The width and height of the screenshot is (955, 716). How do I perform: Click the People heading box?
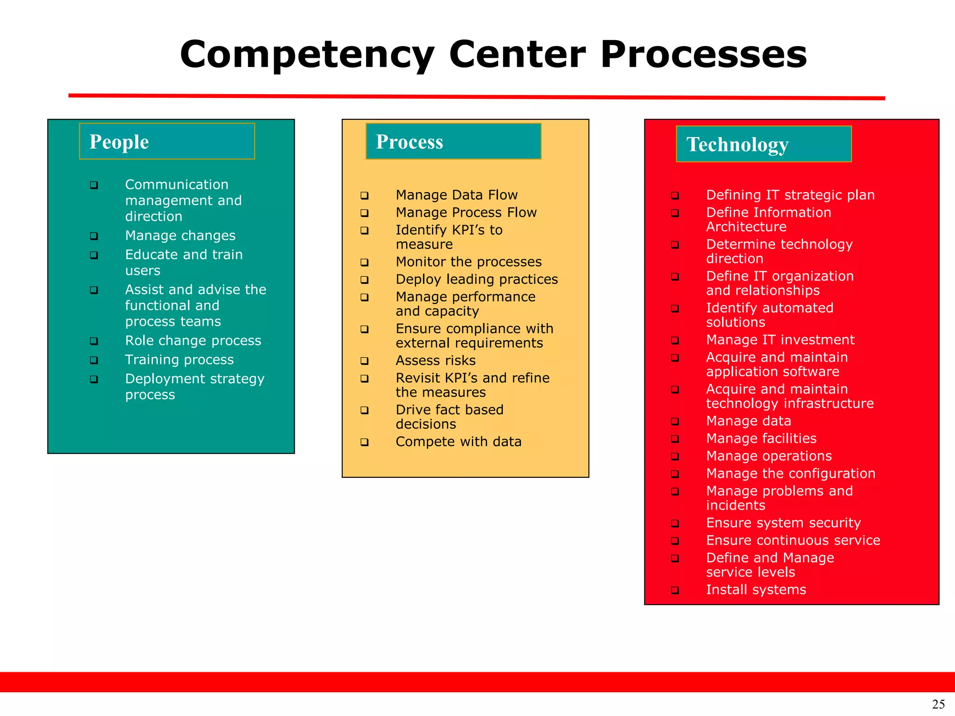pos(167,141)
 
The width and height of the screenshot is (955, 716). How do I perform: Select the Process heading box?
pos(453,141)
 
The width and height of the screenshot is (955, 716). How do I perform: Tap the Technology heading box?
pos(763,144)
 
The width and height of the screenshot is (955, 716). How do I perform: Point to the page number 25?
pos(938,704)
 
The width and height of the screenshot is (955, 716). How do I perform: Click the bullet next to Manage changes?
pos(94,236)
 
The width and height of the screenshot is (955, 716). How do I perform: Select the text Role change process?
pos(193,341)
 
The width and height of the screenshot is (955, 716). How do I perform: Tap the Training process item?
pos(180,360)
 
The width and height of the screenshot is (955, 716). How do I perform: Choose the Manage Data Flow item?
pos(457,195)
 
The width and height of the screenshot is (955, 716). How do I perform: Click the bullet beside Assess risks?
pos(365,361)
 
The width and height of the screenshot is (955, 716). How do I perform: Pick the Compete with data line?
pos(458,441)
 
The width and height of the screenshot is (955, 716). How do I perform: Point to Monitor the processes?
pos(469,262)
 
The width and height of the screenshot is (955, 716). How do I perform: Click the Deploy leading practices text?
pos(477,279)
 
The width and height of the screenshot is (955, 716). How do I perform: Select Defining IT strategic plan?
pos(790,195)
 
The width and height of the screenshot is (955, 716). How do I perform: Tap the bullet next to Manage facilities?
pos(675,439)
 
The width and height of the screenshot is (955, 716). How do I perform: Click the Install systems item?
pos(756,590)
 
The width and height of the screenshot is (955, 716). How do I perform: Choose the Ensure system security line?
pos(783,523)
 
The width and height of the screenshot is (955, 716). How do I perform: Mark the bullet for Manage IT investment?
pos(675,341)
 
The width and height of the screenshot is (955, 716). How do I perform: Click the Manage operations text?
pos(769,456)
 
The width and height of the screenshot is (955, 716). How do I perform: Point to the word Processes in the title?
pos(704,55)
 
